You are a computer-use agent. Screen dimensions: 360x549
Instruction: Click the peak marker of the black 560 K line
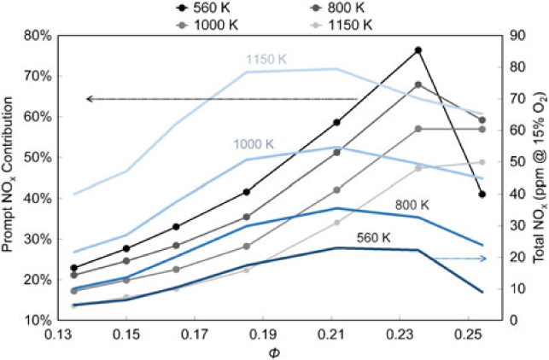pyautogui.click(x=418, y=50)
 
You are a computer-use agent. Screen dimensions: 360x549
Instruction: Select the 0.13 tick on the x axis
pyautogui.click(x=59, y=334)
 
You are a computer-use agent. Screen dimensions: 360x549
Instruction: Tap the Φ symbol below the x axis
pyautogui.click(x=272, y=351)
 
